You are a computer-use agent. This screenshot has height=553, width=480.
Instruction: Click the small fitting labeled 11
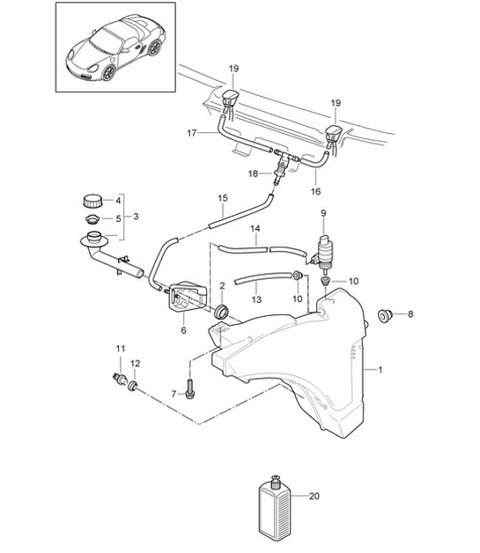(120, 378)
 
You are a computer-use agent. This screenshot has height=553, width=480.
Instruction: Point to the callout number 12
(134, 364)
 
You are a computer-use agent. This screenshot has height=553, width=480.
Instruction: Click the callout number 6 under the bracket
(183, 330)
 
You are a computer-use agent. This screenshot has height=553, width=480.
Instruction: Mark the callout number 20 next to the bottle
(314, 498)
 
